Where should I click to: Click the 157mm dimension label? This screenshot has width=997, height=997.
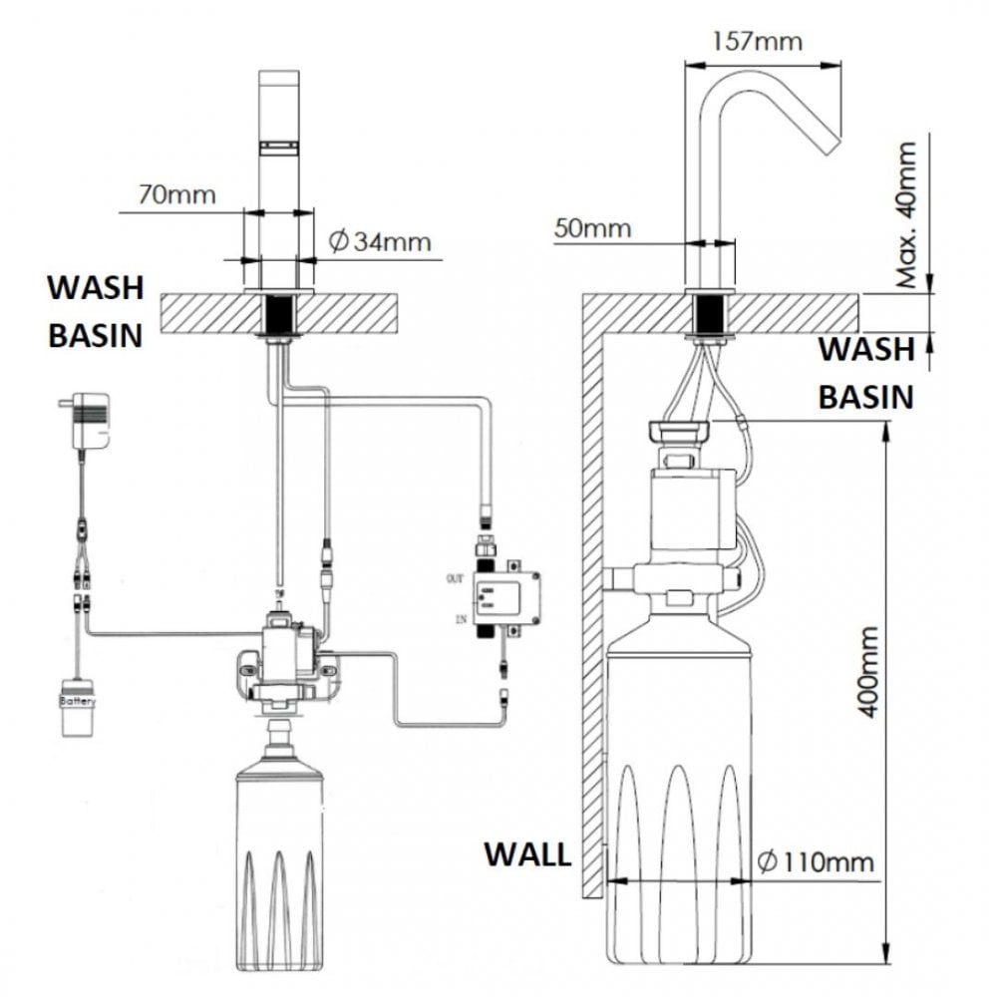(759, 42)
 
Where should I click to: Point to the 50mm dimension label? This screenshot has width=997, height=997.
(593, 228)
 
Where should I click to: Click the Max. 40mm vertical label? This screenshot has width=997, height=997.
(905, 214)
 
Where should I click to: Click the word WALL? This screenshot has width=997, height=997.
(527, 855)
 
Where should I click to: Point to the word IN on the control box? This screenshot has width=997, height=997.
(460, 620)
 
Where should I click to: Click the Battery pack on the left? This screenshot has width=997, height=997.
(78, 708)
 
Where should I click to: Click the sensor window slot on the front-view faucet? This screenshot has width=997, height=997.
(279, 148)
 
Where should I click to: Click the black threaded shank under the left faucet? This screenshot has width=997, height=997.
(276, 315)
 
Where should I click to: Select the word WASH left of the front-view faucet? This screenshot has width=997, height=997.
(96, 288)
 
